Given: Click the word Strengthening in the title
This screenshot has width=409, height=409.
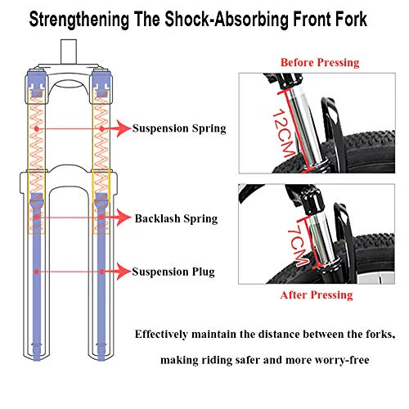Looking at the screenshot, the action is point(79,20).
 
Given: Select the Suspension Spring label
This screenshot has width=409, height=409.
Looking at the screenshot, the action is point(179,128).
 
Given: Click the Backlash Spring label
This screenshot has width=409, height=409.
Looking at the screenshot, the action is point(176,218).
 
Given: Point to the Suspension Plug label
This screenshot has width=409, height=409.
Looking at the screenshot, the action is point(173,272).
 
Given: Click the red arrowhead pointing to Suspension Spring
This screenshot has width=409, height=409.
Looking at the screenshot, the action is point(124,128).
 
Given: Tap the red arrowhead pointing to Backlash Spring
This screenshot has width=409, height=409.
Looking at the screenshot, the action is point(124,218).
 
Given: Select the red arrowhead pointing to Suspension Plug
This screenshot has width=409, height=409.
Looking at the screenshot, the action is point(124,272).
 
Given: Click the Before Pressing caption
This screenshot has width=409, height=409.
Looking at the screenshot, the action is point(320,62).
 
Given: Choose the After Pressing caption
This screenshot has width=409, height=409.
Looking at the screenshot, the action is point(317,295).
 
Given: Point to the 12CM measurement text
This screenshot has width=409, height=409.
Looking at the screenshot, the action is point(284,133).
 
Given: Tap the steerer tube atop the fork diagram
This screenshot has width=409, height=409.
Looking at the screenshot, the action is point(69,52).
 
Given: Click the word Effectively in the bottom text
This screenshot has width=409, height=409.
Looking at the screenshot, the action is point(161,335).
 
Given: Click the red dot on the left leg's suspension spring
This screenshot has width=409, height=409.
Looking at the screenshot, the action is point(37,128).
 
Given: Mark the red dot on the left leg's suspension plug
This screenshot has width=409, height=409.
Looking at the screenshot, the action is point(37,272).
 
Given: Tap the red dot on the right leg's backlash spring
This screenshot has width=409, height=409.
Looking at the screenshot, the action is point(101,218).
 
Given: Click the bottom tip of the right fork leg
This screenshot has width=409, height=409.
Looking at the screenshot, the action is point(101,360).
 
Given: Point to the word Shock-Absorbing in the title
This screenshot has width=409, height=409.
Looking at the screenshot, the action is point(227,20).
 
